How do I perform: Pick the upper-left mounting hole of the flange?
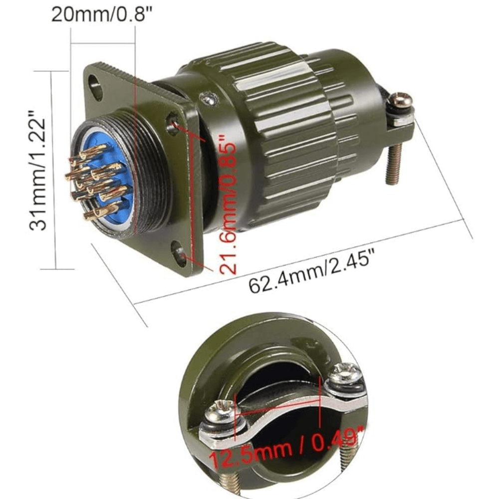[x=95, y=89]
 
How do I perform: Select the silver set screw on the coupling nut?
[x=208, y=99]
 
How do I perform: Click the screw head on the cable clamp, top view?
[x=401, y=101]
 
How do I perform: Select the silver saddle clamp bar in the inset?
[x=279, y=419]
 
